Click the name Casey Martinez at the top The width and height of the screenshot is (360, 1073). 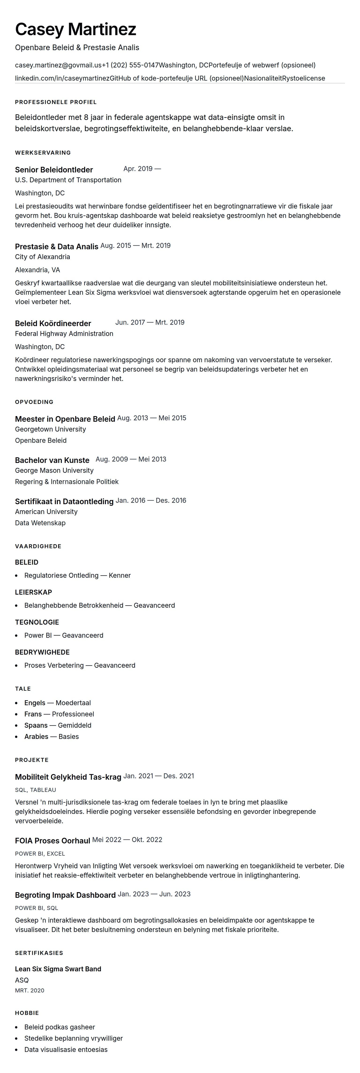point(75,29)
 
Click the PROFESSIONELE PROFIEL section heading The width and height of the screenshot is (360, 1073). point(56,102)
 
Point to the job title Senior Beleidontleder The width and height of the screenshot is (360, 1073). point(54,170)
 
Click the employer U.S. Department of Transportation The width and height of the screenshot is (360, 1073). point(68,180)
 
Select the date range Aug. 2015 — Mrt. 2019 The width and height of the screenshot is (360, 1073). point(135,245)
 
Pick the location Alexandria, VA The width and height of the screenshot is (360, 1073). point(37,269)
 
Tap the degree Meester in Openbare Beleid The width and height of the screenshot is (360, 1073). point(65,419)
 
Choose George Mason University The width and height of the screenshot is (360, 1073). point(54,470)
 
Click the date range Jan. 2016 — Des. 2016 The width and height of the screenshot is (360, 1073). point(151,500)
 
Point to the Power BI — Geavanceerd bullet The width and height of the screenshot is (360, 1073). point(64,635)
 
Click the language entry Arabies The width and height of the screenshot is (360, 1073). point(36,736)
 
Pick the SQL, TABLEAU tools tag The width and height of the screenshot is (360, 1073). point(35,790)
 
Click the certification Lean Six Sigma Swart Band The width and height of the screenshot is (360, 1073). point(58,969)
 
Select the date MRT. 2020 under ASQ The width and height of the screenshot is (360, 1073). point(30,990)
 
